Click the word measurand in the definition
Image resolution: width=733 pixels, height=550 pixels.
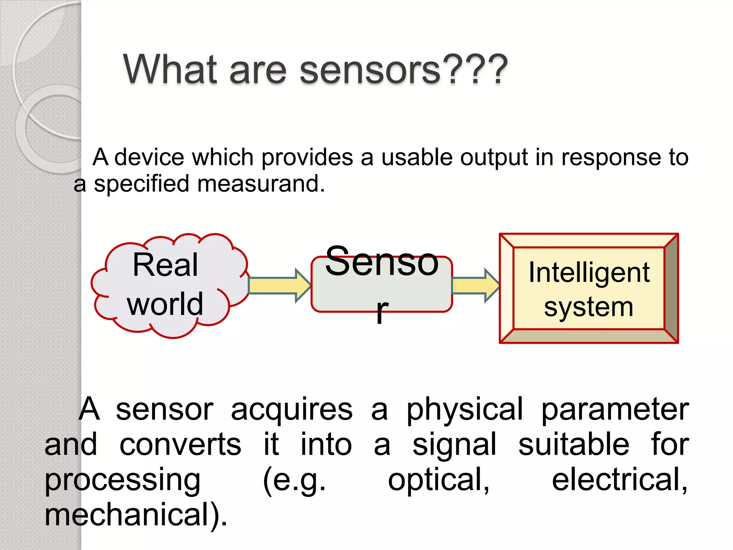point(261,184)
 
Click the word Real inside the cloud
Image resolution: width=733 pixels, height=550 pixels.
point(165,265)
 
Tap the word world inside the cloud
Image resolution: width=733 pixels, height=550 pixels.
point(165,304)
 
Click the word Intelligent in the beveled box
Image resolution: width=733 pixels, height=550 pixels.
point(589,272)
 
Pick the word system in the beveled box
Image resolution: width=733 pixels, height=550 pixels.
point(589,307)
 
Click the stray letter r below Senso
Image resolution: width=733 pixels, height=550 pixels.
point(382,311)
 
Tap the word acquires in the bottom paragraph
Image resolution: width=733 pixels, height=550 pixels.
point(292,409)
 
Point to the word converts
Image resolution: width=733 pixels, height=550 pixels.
point(180,444)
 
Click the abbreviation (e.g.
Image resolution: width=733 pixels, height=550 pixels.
point(294,480)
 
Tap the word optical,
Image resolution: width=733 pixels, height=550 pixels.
point(438,480)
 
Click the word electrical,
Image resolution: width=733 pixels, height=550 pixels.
point(619,479)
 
